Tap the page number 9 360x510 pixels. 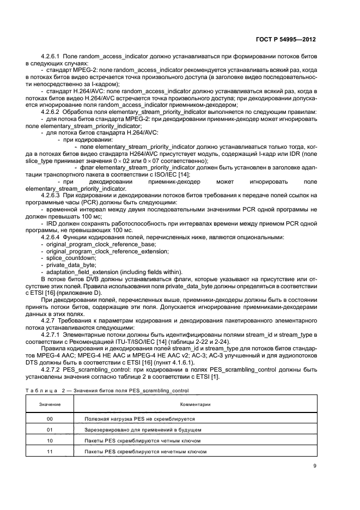point(315,465)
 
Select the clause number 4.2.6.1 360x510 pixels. point(51,56)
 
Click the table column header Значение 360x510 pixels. point(50,405)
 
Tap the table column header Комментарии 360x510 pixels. point(193,405)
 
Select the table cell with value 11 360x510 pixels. point(50,452)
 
